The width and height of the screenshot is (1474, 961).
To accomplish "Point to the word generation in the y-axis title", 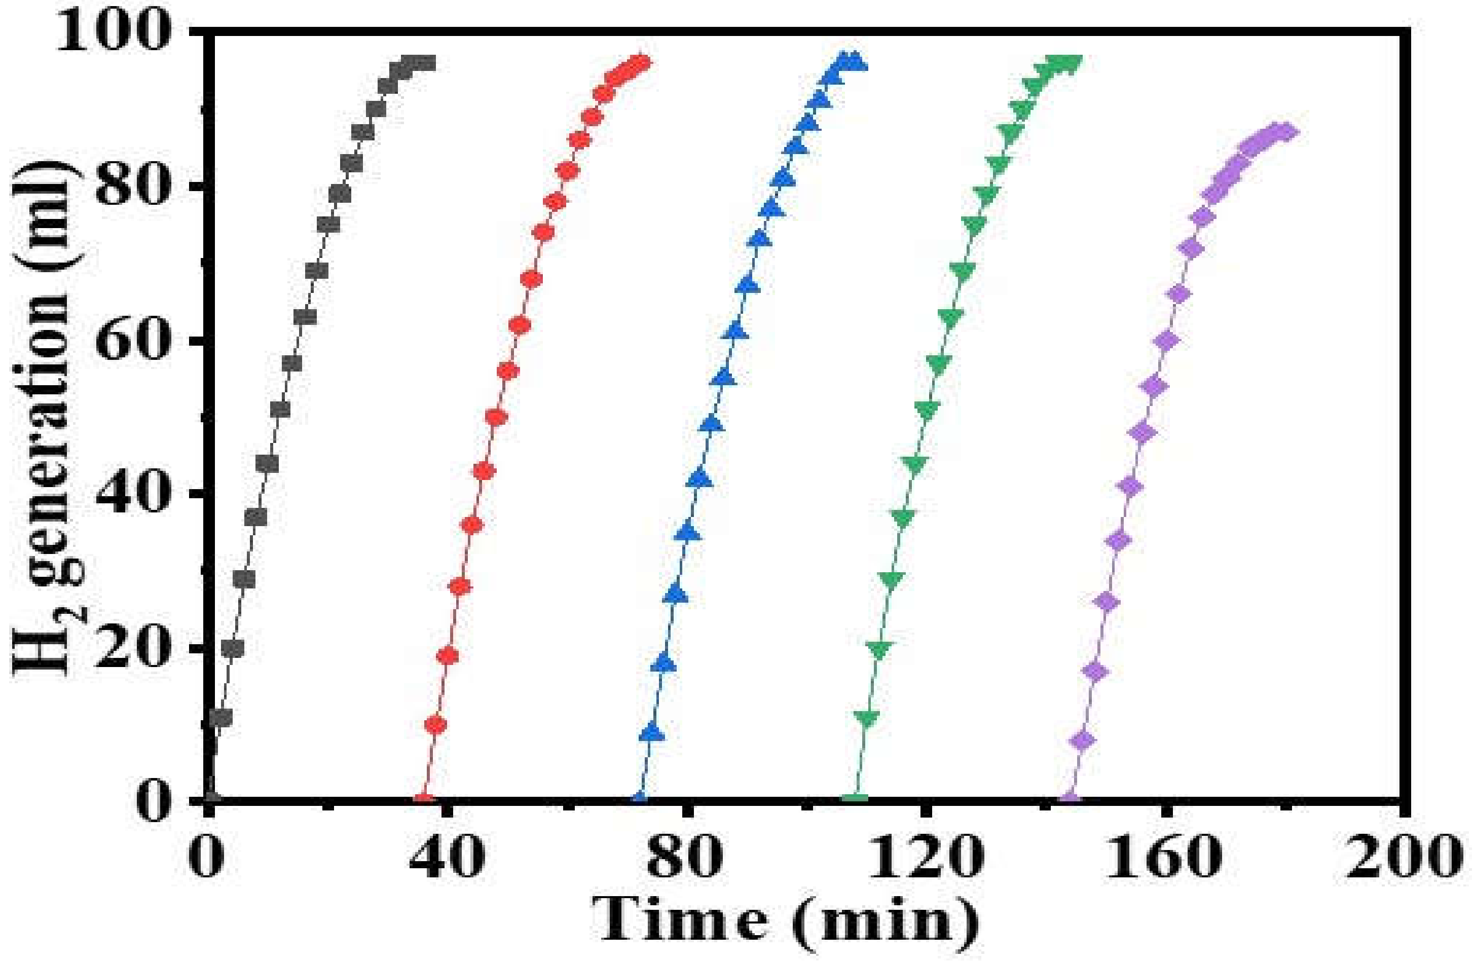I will [47, 378].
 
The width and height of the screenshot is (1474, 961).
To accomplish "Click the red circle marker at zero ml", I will [424, 799].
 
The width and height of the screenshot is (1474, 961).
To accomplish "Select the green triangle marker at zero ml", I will [855, 799].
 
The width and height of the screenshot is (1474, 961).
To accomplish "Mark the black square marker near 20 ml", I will [233, 648].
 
